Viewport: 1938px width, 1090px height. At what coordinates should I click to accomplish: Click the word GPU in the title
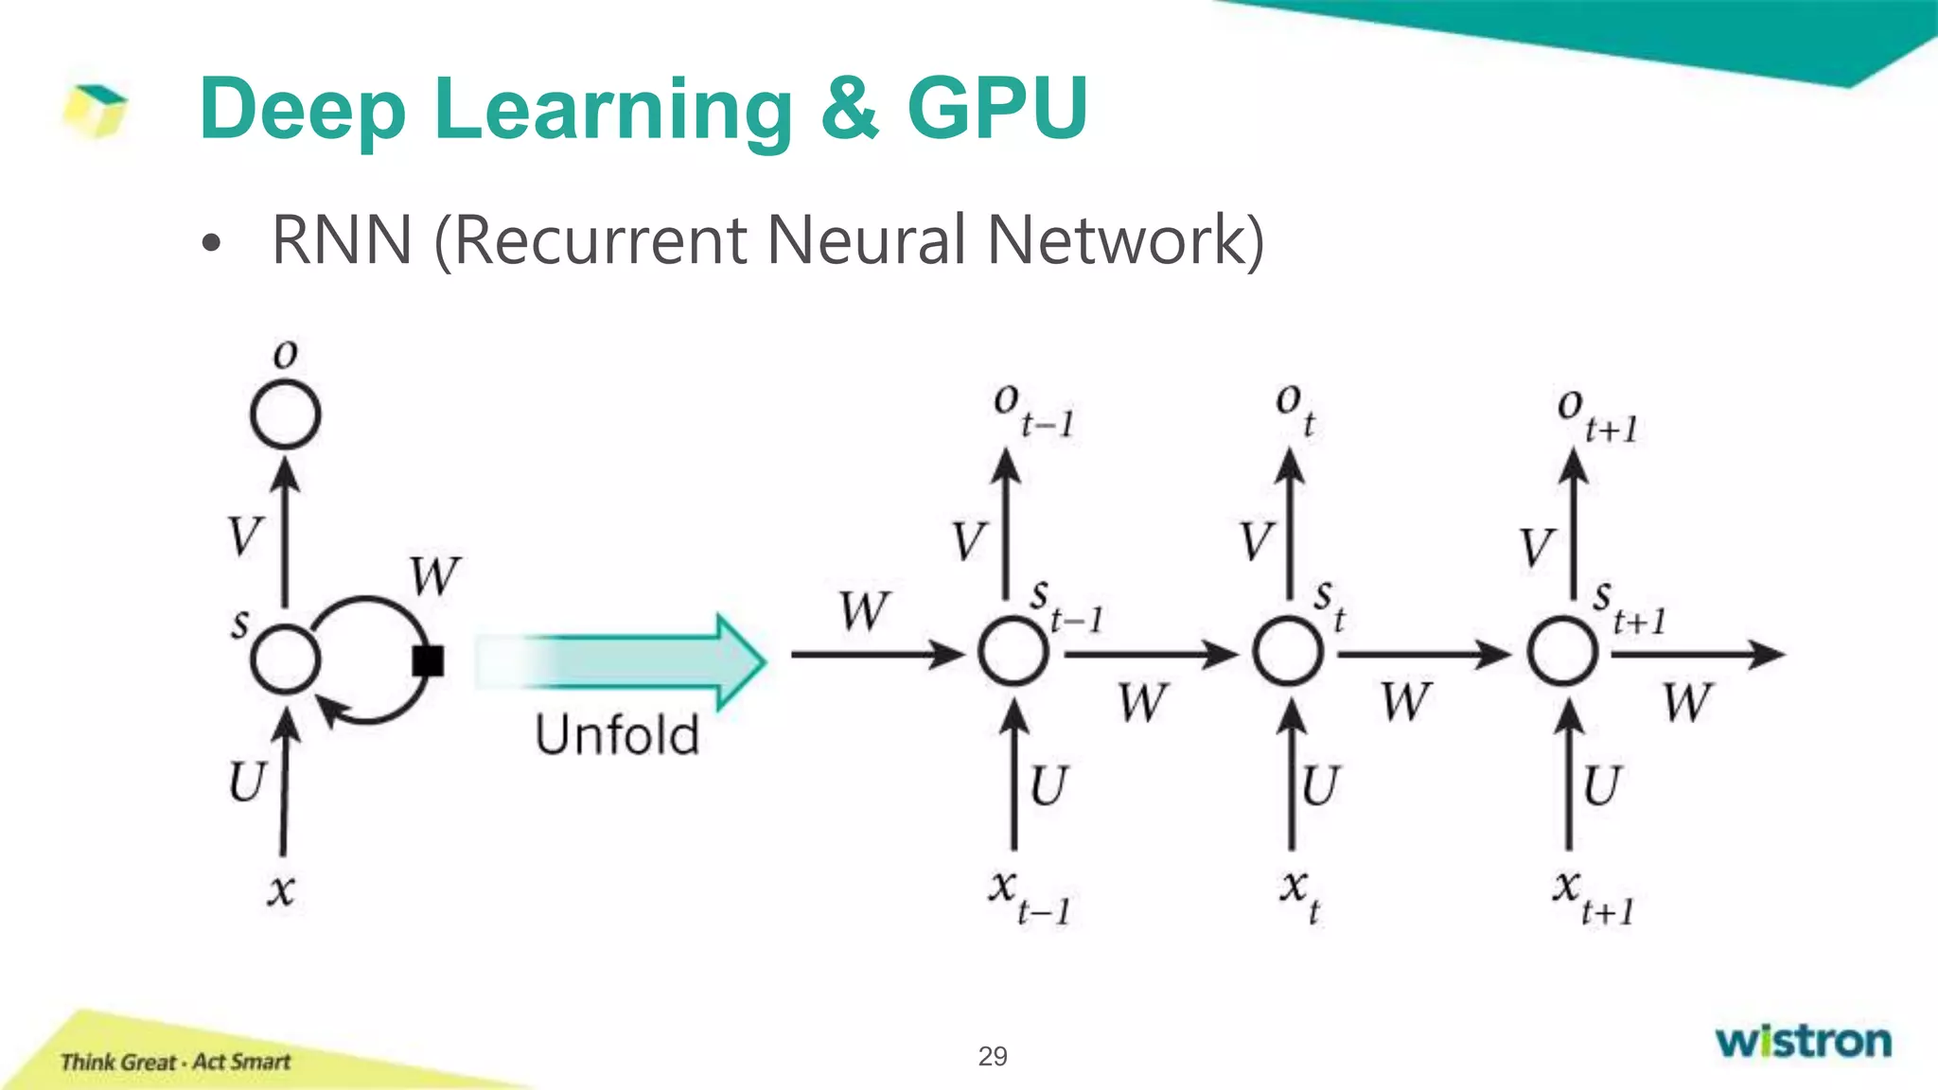click(996, 109)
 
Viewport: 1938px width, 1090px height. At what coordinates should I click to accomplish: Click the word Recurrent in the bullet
click(600, 240)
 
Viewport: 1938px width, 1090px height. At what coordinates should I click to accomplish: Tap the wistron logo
click(1803, 1041)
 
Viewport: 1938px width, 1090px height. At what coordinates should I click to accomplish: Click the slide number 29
click(992, 1056)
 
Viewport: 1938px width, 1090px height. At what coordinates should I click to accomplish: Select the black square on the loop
click(428, 660)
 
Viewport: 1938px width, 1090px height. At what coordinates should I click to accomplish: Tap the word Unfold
click(617, 735)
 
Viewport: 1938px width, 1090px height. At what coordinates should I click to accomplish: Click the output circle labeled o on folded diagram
click(285, 414)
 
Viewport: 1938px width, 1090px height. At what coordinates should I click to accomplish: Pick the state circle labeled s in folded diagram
click(285, 659)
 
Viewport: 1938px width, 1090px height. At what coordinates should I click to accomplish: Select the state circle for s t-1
click(1013, 652)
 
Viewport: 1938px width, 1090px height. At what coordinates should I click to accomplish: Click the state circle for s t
click(1287, 652)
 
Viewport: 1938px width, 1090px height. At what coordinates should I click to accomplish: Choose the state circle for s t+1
click(1562, 652)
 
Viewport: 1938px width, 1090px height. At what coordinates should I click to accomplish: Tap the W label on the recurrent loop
click(434, 575)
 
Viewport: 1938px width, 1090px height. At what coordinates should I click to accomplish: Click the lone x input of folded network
click(280, 889)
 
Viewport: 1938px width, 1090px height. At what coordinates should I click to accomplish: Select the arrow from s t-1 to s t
click(1150, 653)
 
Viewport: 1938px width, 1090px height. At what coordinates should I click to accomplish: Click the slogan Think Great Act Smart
click(175, 1062)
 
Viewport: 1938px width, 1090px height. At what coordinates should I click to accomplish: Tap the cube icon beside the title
click(95, 110)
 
